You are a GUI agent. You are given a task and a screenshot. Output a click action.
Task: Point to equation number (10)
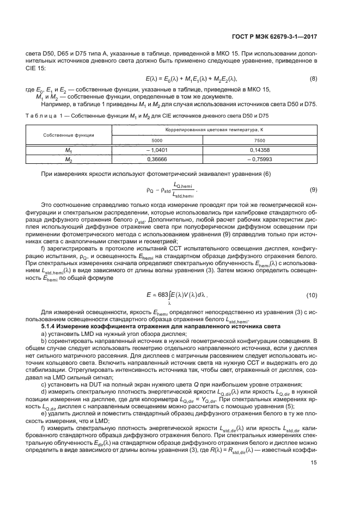point(312,295)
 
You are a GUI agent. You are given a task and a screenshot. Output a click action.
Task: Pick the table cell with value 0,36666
point(157,160)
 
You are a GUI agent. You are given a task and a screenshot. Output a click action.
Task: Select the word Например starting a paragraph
point(53,103)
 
